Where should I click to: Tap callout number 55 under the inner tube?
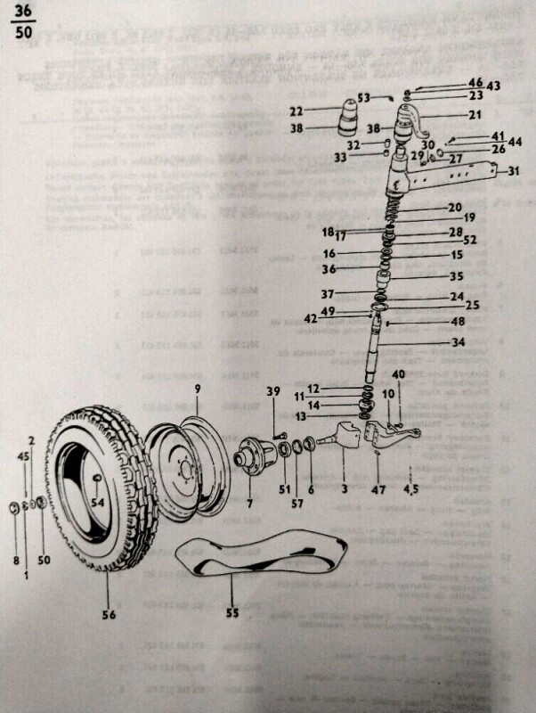click(x=232, y=614)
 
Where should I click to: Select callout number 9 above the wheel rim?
click(x=199, y=389)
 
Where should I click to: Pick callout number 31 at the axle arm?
click(x=513, y=172)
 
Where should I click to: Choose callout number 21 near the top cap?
click(x=475, y=114)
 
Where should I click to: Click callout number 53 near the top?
click(x=363, y=97)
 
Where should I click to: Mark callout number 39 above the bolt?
click(x=273, y=392)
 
